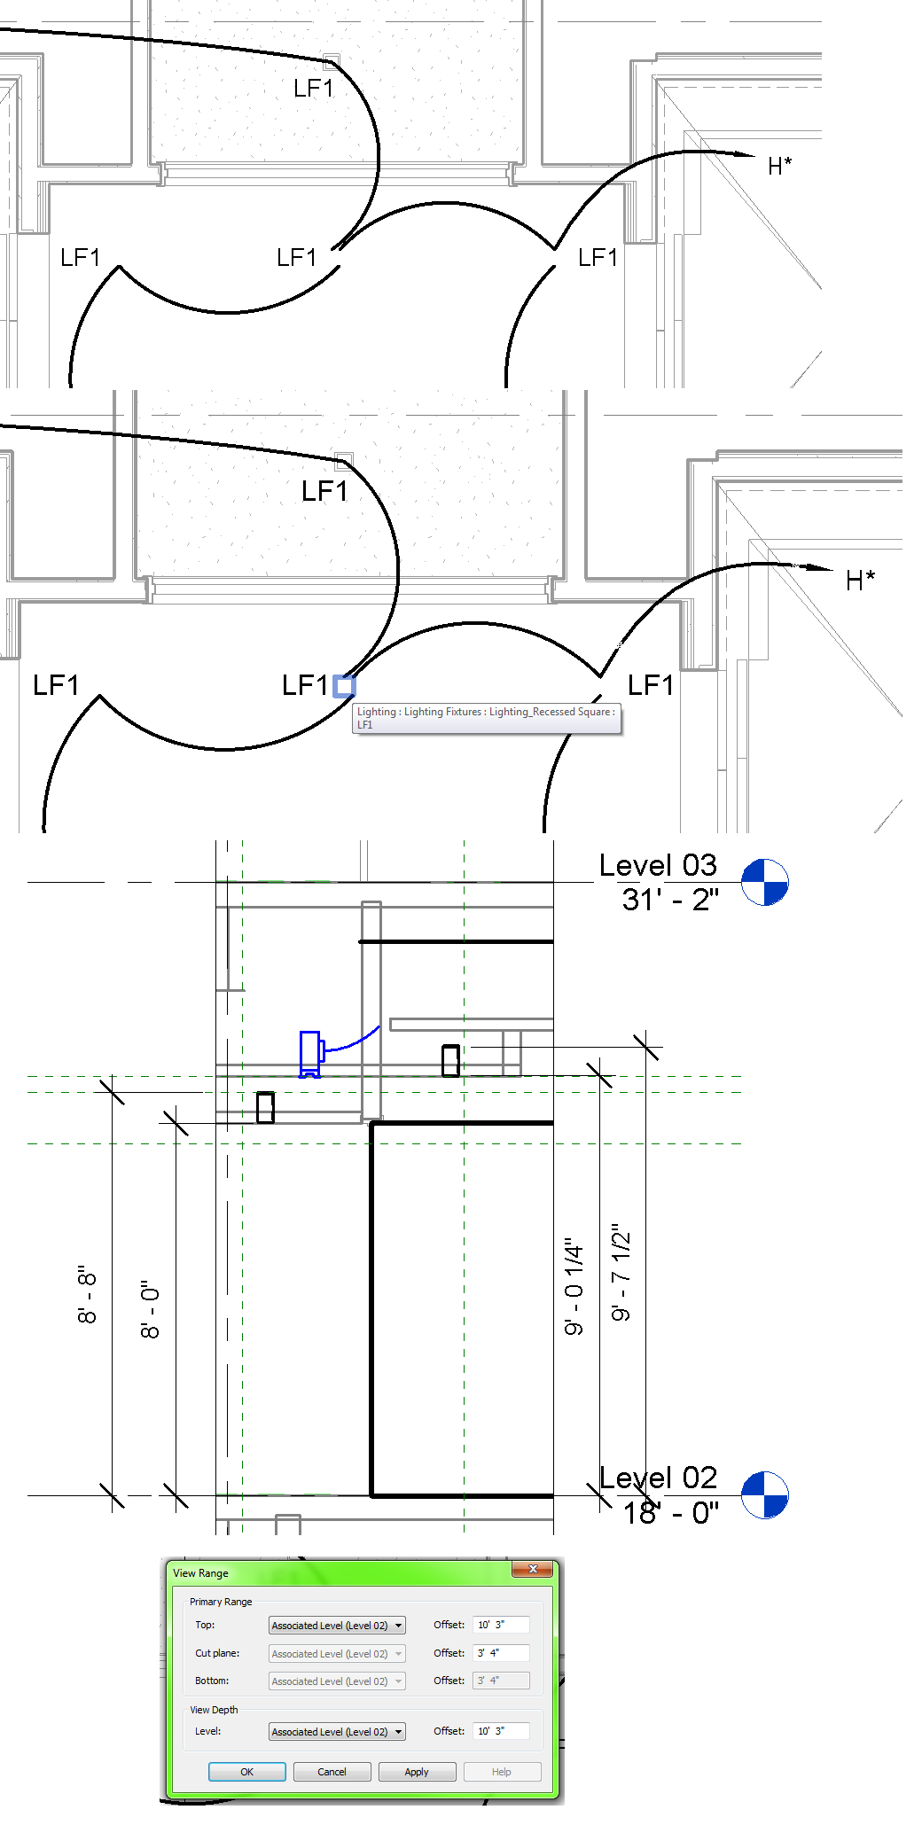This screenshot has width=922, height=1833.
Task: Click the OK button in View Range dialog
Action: (246, 1772)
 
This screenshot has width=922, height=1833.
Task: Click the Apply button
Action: (417, 1772)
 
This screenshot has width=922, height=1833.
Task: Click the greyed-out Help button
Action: (502, 1772)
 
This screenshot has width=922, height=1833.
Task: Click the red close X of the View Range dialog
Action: (533, 1569)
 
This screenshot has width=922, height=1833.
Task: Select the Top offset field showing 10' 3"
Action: (500, 1625)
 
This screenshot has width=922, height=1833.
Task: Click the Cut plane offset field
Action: (500, 1653)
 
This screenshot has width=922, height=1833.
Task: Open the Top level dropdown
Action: (399, 1626)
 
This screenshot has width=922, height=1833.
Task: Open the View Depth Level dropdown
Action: (399, 1732)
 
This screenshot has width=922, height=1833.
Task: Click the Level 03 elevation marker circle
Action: (764, 882)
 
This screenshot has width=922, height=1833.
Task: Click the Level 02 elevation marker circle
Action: (764, 1495)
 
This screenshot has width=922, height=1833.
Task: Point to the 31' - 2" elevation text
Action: (670, 900)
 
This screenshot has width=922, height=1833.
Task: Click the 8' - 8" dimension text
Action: (87, 1294)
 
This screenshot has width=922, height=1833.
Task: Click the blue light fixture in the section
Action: (310, 1053)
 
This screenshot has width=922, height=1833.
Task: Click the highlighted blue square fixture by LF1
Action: (344, 686)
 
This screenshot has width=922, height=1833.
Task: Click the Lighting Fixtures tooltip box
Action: (487, 718)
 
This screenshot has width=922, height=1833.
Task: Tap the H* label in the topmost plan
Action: (779, 166)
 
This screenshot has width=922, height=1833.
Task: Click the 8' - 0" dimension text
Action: (151, 1309)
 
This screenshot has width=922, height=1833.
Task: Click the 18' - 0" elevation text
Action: (670, 1513)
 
